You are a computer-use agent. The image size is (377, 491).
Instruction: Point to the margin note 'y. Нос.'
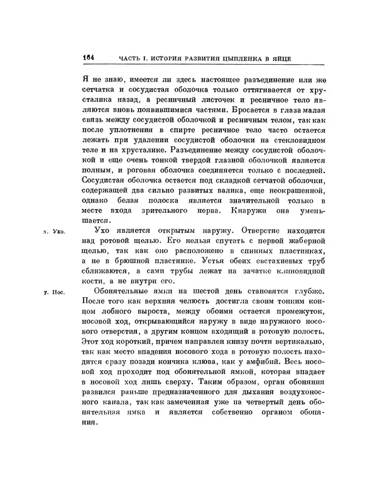pos(55,291)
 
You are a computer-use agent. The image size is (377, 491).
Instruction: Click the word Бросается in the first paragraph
pos(249,109)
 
